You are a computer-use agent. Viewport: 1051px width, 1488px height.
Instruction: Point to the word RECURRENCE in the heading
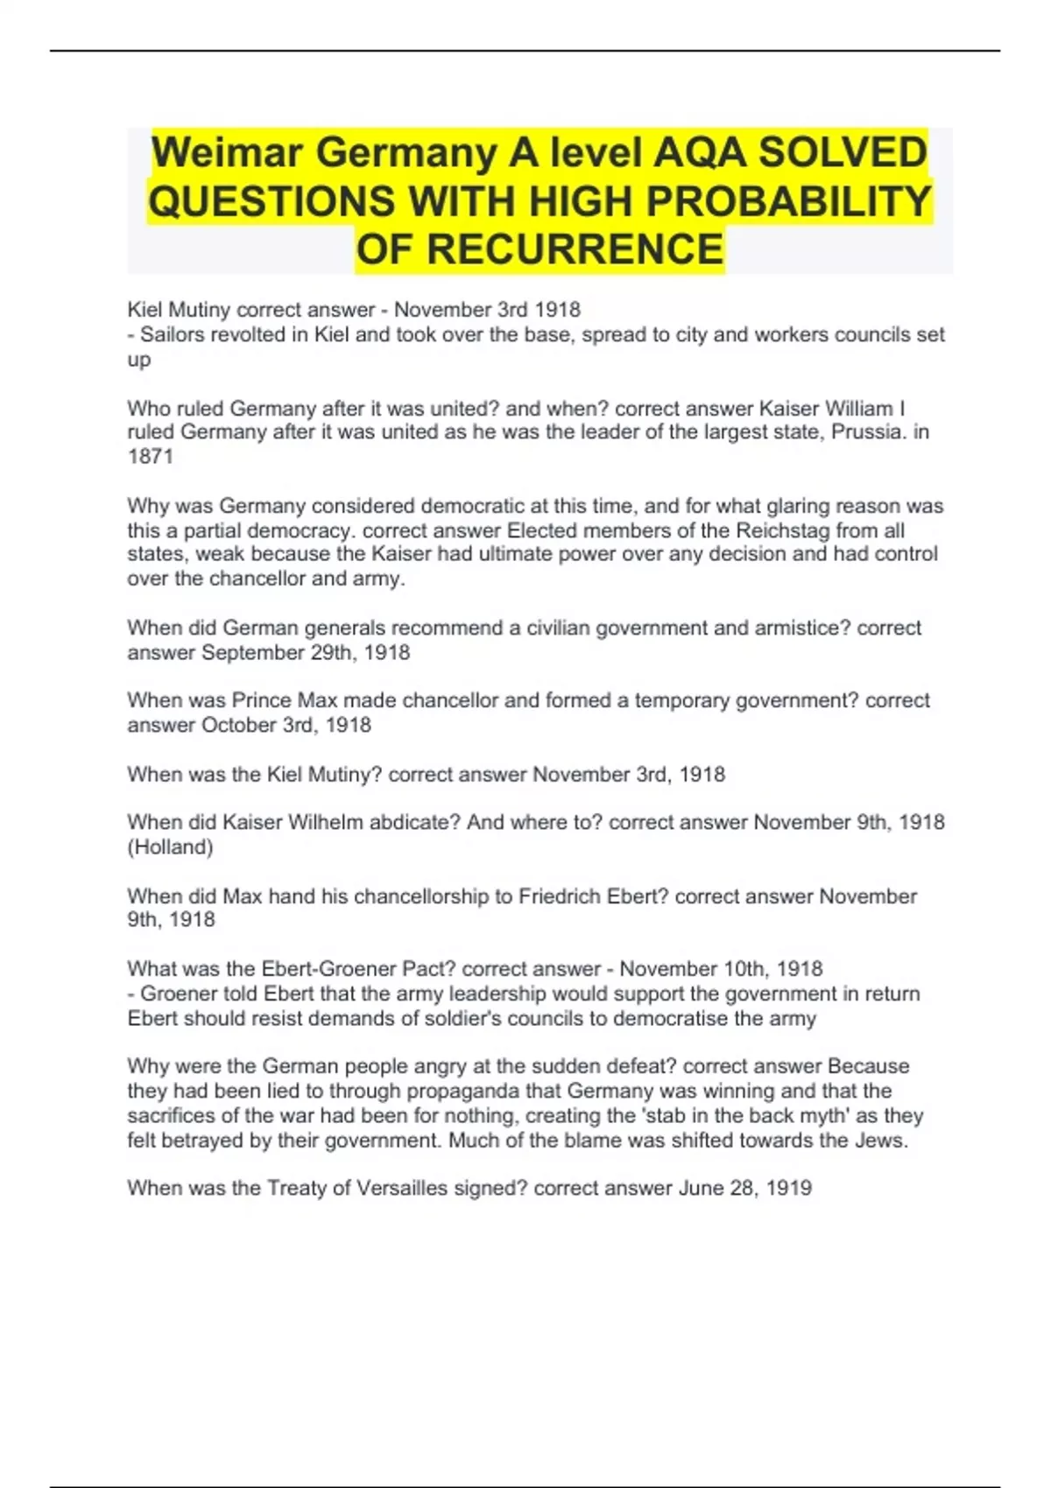[575, 249]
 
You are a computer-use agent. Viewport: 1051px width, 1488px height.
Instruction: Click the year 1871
[150, 456]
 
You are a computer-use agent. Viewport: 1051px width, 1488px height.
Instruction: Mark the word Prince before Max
[262, 700]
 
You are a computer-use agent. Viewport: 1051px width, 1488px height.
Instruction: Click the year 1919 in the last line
[788, 1188]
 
